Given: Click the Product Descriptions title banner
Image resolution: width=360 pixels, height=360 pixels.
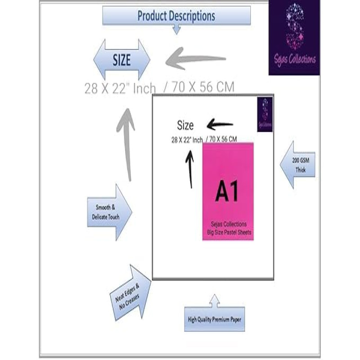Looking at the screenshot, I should point(176,16).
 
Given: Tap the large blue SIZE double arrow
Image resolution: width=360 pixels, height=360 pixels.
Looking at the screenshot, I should point(122,60).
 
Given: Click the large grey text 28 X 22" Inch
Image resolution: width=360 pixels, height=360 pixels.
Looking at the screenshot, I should point(120,88).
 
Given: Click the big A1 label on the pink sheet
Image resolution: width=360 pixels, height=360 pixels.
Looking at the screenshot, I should point(227,192).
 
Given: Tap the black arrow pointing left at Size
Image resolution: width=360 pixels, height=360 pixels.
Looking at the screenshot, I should point(220,125).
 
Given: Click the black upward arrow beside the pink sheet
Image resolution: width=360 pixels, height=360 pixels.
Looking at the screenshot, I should point(190,169).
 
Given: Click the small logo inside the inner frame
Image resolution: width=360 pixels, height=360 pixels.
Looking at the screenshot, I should point(265,115).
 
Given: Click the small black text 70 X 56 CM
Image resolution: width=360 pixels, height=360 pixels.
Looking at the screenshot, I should point(222,139).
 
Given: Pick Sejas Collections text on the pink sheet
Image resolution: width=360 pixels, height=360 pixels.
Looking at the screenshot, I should point(228,224).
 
